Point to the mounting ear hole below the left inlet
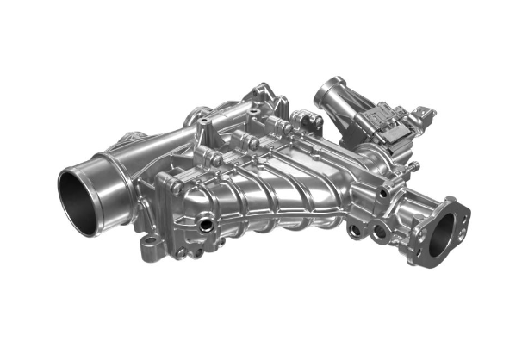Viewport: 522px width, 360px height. pyautogui.click(x=148, y=248)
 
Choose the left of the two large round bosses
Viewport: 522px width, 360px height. pyautogui.click(x=356, y=231)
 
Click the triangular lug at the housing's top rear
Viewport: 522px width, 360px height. pyautogui.click(x=258, y=90)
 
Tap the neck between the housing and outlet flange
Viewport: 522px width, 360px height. pyautogui.click(x=405, y=202)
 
